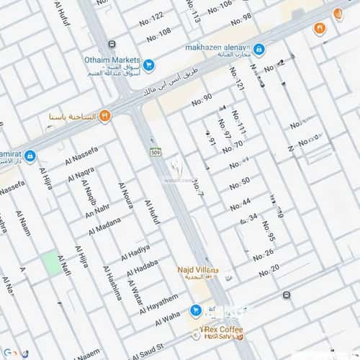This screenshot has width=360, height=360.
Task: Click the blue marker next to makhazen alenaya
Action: [258, 50]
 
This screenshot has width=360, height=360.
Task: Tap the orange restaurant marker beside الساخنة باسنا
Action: [105, 115]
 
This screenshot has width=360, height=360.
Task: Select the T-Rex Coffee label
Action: [221, 329]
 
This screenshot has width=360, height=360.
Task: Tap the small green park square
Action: [50, 263]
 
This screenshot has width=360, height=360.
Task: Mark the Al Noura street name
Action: [125, 196]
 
